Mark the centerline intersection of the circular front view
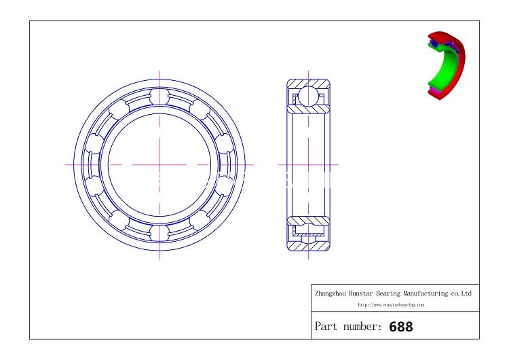[159, 164]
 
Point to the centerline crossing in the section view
[309, 164]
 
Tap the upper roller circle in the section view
[309, 96]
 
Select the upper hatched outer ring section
[309, 84]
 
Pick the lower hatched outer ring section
[309, 246]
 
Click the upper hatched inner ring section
[309, 108]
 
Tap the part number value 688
[400, 327]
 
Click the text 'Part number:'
[348, 327]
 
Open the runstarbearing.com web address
[391, 305]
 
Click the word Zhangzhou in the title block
[331, 293]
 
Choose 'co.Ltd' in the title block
[461, 293]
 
